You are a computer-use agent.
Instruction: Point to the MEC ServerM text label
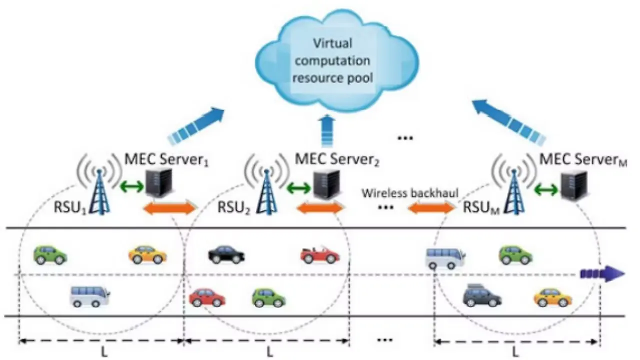[x=583, y=161]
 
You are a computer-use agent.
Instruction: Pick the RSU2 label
[x=234, y=207]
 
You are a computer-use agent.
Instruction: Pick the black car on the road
[x=226, y=254]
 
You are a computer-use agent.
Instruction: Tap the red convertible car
[x=320, y=254]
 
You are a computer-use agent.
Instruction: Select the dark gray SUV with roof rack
[x=482, y=295]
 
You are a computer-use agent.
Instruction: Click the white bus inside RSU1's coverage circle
[x=89, y=296]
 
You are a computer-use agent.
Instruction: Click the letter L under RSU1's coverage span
[x=104, y=351]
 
